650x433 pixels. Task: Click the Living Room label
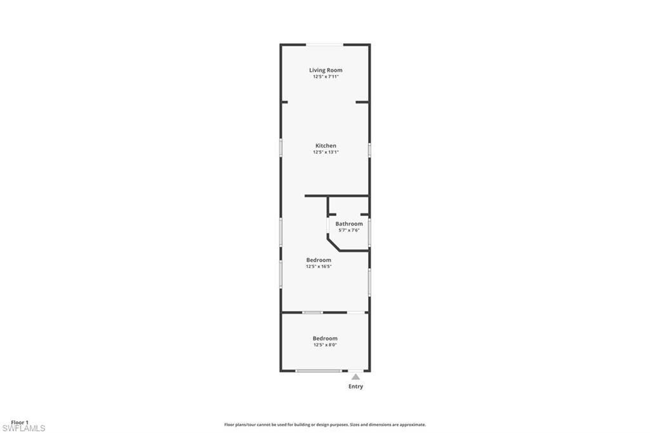click(x=326, y=70)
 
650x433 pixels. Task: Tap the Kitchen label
click(x=326, y=146)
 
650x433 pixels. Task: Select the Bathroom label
click(x=349, y=224)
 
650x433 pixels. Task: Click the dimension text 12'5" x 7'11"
click(x=326, y=77)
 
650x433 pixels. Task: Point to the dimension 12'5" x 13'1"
click(x=326, y=152)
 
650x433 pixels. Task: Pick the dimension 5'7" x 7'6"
click(x=349, y=230)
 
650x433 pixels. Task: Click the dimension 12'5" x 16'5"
click(x=319, y=267)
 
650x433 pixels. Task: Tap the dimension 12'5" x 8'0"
click(x=325, y=345)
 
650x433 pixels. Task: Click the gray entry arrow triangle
click(x=355, y=377)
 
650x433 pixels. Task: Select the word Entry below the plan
click(x=355, y=387)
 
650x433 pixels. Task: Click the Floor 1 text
click(x=20, y=422)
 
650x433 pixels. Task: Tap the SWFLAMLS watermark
click(x=23, y=429)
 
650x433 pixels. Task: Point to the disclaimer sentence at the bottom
click(x=325, y=425)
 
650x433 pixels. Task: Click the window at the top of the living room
click(x=326, y=44)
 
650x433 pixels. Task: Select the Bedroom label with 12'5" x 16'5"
click(x=319, y=260)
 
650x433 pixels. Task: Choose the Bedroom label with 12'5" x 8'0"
click(x=325, y=338)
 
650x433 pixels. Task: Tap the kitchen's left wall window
click(x=281, y=147)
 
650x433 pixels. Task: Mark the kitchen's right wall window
click(x=369, y=150)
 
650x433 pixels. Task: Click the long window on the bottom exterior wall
click(x=318, y=371)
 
